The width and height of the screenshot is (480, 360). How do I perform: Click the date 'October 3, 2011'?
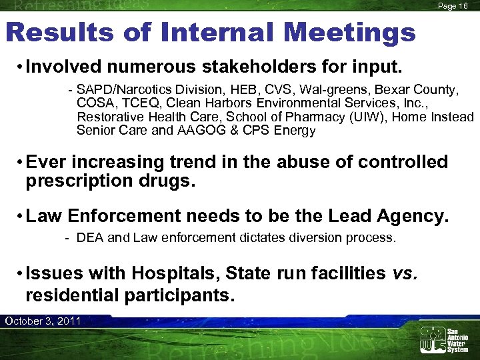click(43, 321)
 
